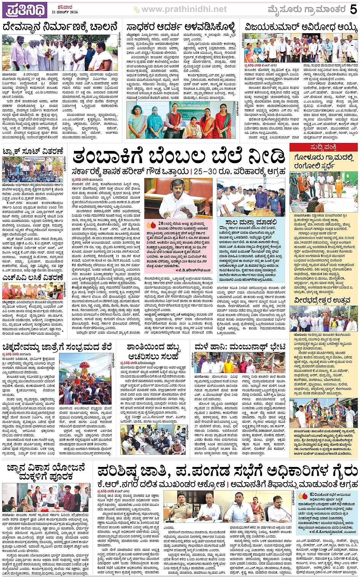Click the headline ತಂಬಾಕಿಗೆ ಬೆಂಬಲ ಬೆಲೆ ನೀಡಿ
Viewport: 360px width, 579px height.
[178, 157]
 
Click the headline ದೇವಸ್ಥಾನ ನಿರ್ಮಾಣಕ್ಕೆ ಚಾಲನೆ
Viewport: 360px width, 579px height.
[60, 28]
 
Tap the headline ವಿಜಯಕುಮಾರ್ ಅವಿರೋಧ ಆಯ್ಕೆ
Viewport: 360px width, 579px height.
[301, 28]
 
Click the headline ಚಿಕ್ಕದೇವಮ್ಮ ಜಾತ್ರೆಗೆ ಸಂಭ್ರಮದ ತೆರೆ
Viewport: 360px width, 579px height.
[57, 347]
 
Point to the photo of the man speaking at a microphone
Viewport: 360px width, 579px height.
[168, 198]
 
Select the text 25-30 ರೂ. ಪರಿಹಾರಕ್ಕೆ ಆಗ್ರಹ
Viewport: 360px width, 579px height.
[239, 172]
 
